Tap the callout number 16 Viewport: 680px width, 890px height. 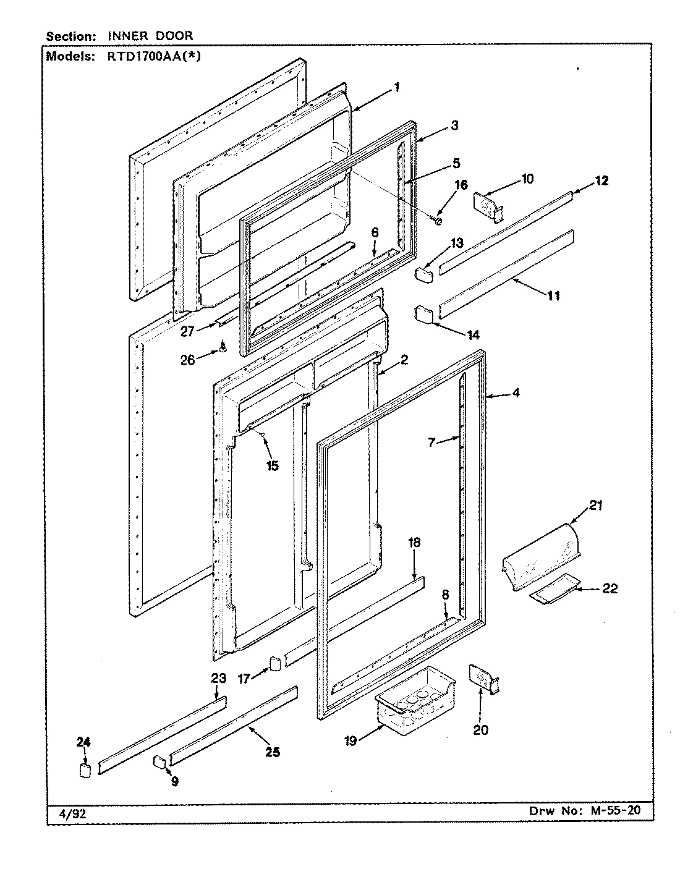tap(461, 185)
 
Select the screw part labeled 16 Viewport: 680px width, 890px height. tap(438, 219)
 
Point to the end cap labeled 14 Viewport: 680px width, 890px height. tap(424, 313)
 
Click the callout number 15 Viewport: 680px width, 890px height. tap(273, 465)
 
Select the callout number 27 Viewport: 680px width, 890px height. tap(187, 331)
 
